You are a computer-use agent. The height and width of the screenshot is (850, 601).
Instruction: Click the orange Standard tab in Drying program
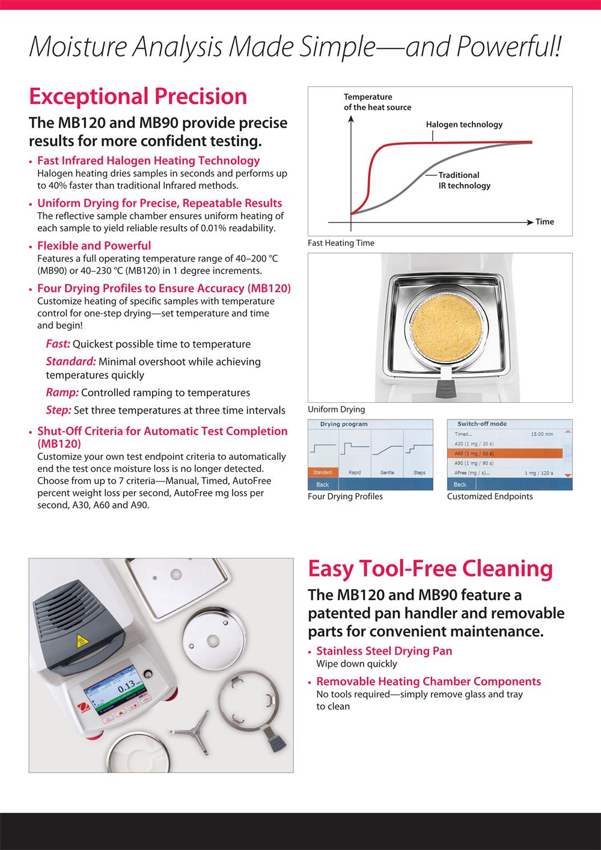coord(323,472)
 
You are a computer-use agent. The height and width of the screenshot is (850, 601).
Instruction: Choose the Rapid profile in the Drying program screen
coord(355,472)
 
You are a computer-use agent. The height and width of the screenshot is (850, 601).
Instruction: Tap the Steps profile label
coord(419,472)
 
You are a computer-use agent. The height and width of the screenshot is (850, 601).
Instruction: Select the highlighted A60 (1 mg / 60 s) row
coord(505,453)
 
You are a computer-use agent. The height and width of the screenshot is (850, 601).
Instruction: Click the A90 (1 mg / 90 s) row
coord(475,463)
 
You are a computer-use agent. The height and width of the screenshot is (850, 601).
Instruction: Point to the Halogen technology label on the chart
coord(464,124)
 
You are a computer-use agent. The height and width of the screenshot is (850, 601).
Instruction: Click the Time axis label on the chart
coord(545,222)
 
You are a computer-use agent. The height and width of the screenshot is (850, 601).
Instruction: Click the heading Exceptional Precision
coord(138,96)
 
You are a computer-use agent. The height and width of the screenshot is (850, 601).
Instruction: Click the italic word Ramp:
coord(62,393)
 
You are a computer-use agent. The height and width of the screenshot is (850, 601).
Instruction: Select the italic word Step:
coord(59,410)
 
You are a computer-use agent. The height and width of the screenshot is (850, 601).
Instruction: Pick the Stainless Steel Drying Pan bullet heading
coord(384,650)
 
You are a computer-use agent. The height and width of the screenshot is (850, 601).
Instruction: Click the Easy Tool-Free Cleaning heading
coord(430,568)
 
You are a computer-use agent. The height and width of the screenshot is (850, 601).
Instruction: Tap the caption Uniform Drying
coord(336,409)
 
